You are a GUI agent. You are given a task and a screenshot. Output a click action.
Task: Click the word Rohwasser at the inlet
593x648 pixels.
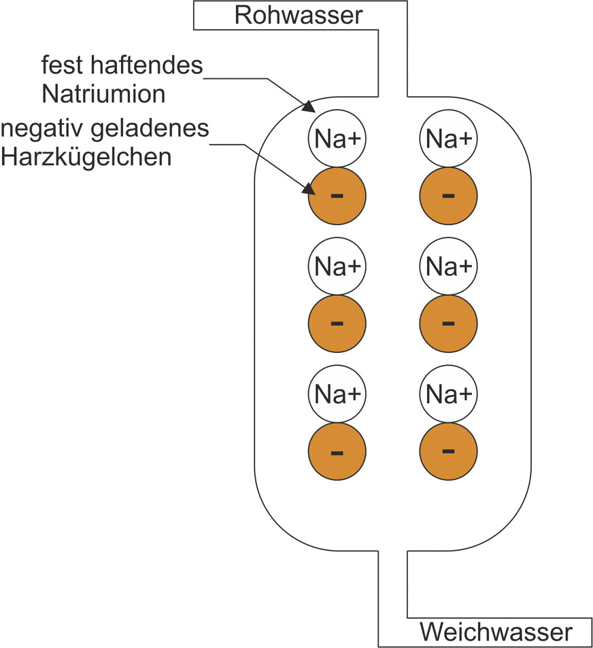pos(299,15)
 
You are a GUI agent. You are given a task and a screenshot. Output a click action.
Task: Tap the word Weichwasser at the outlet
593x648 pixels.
pos(496,632)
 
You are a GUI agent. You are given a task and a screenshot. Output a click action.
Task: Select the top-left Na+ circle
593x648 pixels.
pos(337,139)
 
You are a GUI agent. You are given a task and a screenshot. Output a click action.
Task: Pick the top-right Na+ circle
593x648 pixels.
pos(448,139)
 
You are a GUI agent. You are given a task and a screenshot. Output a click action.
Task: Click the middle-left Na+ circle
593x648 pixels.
pos(337,266)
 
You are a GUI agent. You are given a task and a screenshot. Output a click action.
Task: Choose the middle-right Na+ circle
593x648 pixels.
pos(448,266)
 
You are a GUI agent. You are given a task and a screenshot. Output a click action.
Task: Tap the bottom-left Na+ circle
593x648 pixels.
pos(337,393)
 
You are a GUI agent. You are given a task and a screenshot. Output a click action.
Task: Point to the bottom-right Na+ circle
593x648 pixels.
pos(448,393)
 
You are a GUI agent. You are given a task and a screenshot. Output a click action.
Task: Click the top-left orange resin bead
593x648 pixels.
pos(337,197)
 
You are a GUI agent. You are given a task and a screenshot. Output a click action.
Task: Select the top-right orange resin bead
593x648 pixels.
pos(448,197)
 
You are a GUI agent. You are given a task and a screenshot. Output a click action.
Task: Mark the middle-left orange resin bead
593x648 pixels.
pos(337,324)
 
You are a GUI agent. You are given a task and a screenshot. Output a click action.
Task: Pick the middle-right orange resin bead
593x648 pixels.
pos(448,324)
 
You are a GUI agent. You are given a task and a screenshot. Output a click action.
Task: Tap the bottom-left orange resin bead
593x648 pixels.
pos(337,451)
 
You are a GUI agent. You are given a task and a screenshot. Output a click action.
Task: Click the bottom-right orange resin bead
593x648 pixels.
pos(448,451)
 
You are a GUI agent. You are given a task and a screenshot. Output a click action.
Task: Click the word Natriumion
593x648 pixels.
pos(103,94)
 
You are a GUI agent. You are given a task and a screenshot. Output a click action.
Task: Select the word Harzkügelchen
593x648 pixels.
pos(86,156)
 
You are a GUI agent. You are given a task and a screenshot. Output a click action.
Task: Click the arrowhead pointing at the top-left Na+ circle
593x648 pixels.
pos(307,107)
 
